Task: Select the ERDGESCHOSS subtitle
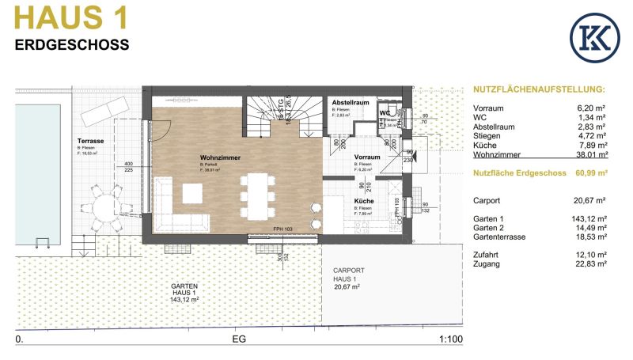72,45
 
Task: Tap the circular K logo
593,38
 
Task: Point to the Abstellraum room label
351,104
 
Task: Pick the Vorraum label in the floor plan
368,157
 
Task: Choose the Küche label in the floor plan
364,202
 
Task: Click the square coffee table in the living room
194,193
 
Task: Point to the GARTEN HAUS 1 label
184,290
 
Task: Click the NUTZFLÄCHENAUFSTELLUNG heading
538,90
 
